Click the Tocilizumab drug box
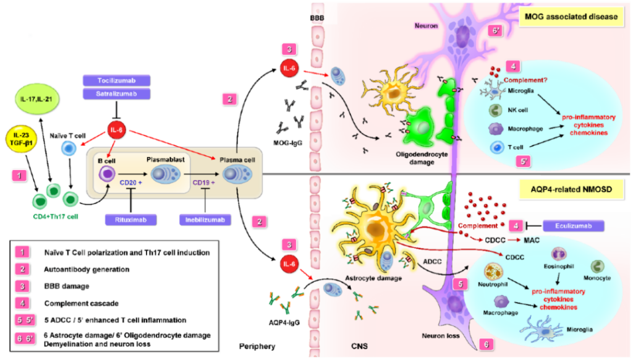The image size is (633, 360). [117, 80]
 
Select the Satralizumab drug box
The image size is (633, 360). [117, 94]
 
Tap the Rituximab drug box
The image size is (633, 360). [131, 220]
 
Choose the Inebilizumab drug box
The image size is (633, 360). [205, 220]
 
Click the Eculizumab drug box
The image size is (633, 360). [573, 226]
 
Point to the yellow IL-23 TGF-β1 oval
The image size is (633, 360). [23, 139]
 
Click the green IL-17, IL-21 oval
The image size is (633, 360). [37, 99]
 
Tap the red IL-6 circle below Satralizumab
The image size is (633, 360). [116, 130]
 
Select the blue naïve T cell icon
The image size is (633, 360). [69, 148]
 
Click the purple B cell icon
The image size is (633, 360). [107, 174]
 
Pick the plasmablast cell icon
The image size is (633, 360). [166, 174]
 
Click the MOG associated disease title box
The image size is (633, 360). [571, 17]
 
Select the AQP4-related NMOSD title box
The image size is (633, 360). [571, 189]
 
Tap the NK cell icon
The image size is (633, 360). [495, 110]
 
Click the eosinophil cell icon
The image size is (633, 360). [559, 254]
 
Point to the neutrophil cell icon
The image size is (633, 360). [493, 272]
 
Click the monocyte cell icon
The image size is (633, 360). [597, 267]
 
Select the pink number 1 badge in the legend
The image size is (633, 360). [22, 252]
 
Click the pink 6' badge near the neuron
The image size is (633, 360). [495, 31]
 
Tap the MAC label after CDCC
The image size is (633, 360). [532, 241]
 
